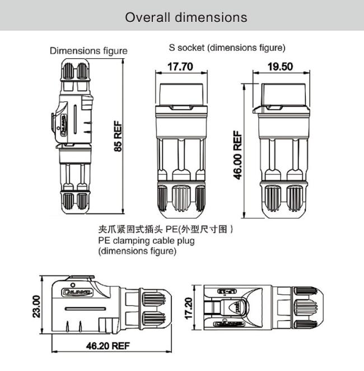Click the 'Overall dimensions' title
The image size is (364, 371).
(x=186, y=17)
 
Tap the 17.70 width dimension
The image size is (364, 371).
(x=180, y=67)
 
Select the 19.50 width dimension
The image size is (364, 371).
(x=280, y=67)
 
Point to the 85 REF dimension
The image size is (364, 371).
(x=118, y=137)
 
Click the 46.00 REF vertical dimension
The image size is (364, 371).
(x=238, y=155)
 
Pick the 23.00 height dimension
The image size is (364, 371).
(x=37, y=306)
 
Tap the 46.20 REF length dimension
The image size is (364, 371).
(x=108, y=346)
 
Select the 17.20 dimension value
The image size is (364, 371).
(x=188, y=308)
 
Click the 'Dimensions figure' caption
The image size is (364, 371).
(x=88, y=51)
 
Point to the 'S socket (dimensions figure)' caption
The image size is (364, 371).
(x=227, y=48)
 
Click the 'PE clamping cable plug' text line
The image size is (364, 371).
(x=146, y=241)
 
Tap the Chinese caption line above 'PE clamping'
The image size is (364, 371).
(x=165, y=229)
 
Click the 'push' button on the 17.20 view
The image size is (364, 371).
(x=238, y=307)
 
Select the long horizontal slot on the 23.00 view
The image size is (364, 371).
(x=85, y=309)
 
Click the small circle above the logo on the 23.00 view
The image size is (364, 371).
(x=73, y=285)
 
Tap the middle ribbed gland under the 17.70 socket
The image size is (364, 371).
(x=181, y=198)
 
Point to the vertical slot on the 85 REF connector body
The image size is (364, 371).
(x=75, y=120)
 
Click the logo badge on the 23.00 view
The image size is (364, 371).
(x=77, y=292)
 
